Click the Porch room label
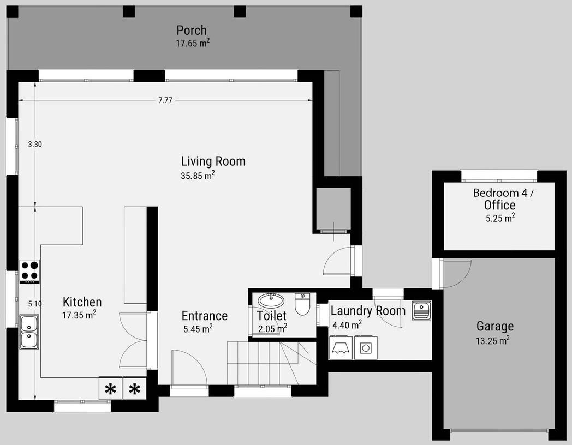click(192, 30)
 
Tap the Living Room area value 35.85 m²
click(198, 175)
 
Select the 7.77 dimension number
click(165, 100)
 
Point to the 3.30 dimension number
click(35, 145)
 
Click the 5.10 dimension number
click(35, 304)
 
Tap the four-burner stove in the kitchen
click(29, 272)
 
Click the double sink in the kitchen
click(29, 332)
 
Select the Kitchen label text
click(82, 302)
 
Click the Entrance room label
click(205, 316)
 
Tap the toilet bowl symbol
click(302, 304)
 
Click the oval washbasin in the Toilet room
click(271, 300)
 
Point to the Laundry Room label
click(368, 311)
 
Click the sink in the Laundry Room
click(421, 310)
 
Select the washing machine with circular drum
click(366, 348)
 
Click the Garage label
click(495, 326)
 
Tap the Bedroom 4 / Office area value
click(500, 218)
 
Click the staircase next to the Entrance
click(271, 363)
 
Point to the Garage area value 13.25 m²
click(492, 340)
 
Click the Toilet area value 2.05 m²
click(272, 329)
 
